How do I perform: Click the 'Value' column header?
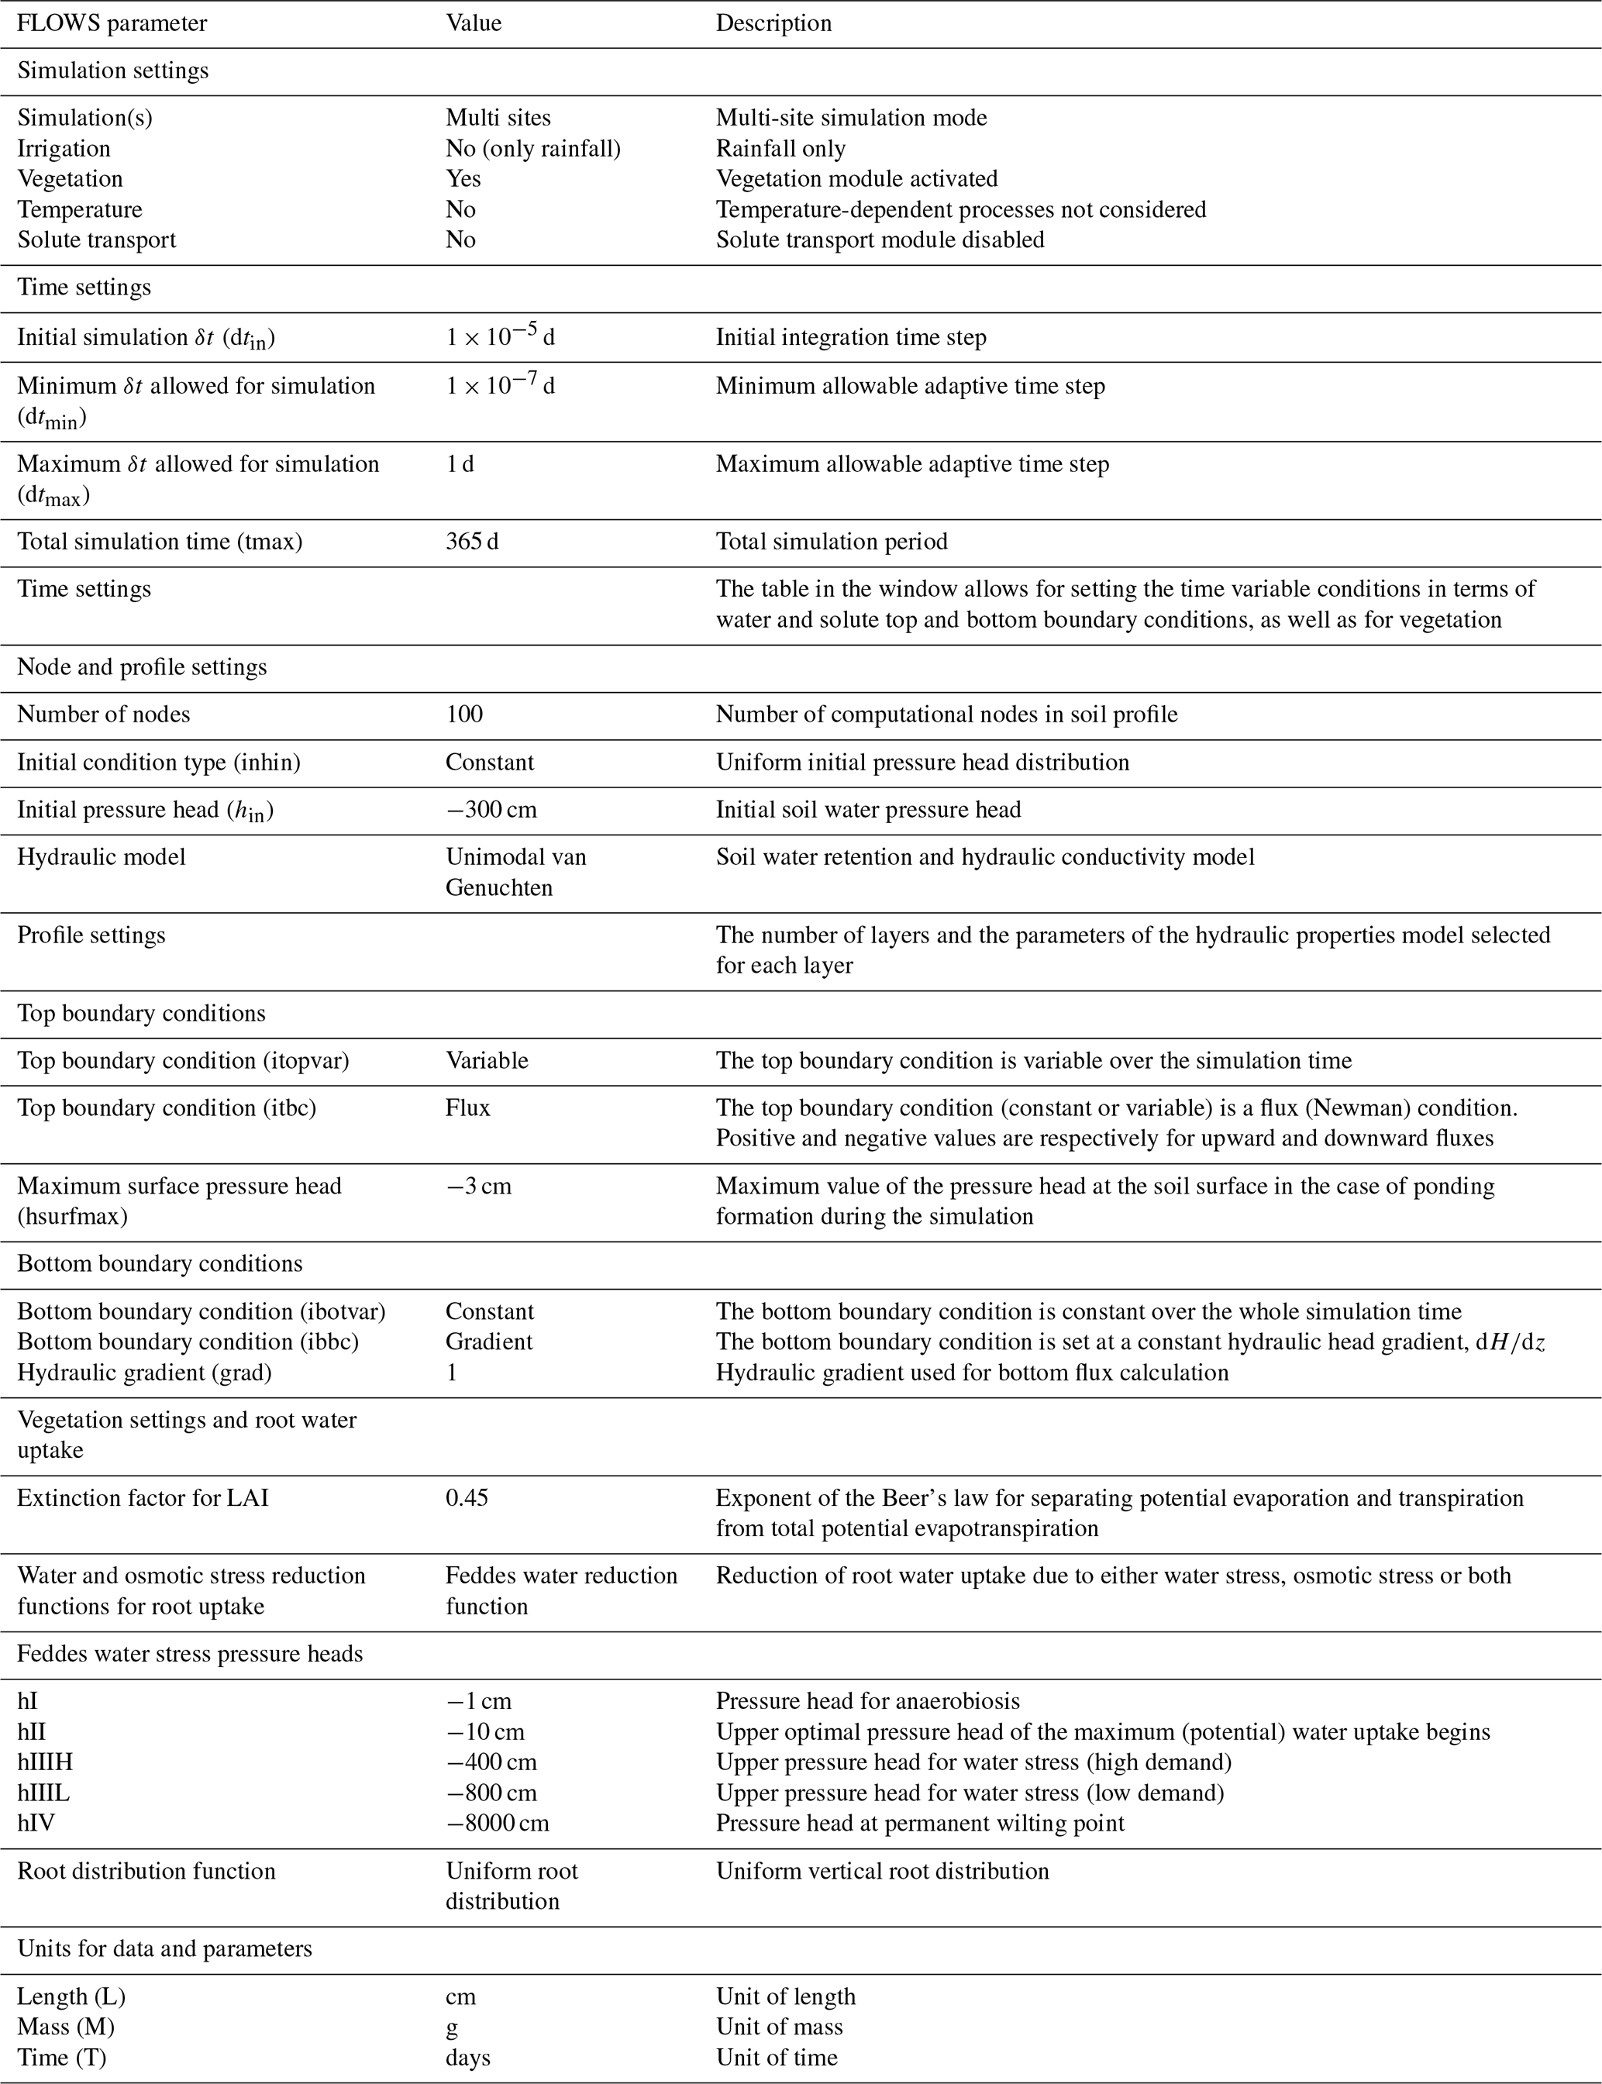(473, 23)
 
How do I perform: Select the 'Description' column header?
(773, 23)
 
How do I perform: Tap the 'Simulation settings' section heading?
(112, 71)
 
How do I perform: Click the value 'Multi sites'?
(498, 117)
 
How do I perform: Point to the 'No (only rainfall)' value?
(533, 148)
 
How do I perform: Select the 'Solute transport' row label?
(96, 239)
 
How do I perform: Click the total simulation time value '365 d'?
(472, 542)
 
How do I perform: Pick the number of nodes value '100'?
(464, 714)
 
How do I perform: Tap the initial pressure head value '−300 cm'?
(491, 809)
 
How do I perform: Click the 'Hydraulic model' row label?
(101, 856)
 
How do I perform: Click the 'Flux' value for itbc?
(467, 1107)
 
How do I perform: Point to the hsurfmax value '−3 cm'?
(479, 1186)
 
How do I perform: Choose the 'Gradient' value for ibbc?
(489, 1342)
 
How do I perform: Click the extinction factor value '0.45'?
(467, 1497)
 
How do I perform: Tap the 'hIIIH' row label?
(45, 1762)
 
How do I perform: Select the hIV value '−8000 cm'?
(497, 1823)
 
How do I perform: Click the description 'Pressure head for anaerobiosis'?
(868, 1700)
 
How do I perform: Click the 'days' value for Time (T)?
(467, 2058)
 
